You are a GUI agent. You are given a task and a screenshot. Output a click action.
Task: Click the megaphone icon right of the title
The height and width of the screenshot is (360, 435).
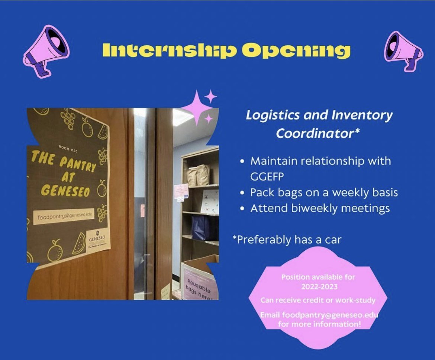403,51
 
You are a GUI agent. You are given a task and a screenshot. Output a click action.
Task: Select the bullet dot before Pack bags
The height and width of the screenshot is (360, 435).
242,193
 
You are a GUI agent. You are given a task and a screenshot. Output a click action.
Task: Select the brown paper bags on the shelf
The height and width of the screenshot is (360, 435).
199,175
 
